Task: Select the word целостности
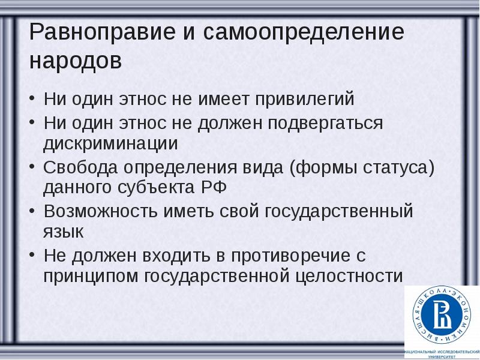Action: click(x=350, y=277)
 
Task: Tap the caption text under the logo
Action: click(x=442, y=353)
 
